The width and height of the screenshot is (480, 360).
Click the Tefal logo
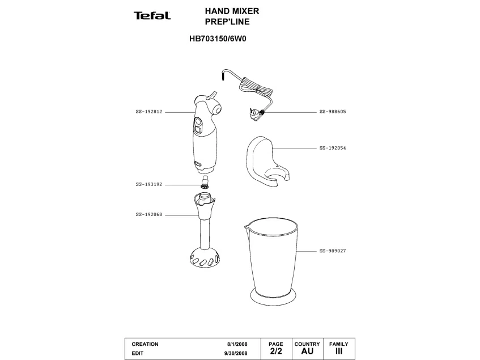(152, 16)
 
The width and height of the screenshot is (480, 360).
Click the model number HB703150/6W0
(218, 39)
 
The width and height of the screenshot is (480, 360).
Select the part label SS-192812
(149, 112)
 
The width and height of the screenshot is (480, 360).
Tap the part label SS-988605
(333, 112)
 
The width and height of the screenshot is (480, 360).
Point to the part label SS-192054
(333, 148)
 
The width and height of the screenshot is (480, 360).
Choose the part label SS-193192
(149, 185)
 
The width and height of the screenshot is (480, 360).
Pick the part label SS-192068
(149, 215)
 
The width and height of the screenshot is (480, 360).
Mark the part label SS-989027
(333, 251)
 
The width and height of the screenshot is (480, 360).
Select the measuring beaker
(272, 261)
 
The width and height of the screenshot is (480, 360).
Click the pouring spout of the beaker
(247, 227)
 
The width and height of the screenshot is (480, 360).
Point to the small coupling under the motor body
(205, 182)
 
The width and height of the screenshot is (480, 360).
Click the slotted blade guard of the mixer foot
(205, 257)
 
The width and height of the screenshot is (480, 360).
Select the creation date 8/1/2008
(237, 344)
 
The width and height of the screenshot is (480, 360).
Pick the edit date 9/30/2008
(236, 353)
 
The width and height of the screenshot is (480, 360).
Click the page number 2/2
(276, 351)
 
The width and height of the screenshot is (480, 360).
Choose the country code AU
(307, 351)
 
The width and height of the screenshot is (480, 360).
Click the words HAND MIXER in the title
(232, 11)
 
